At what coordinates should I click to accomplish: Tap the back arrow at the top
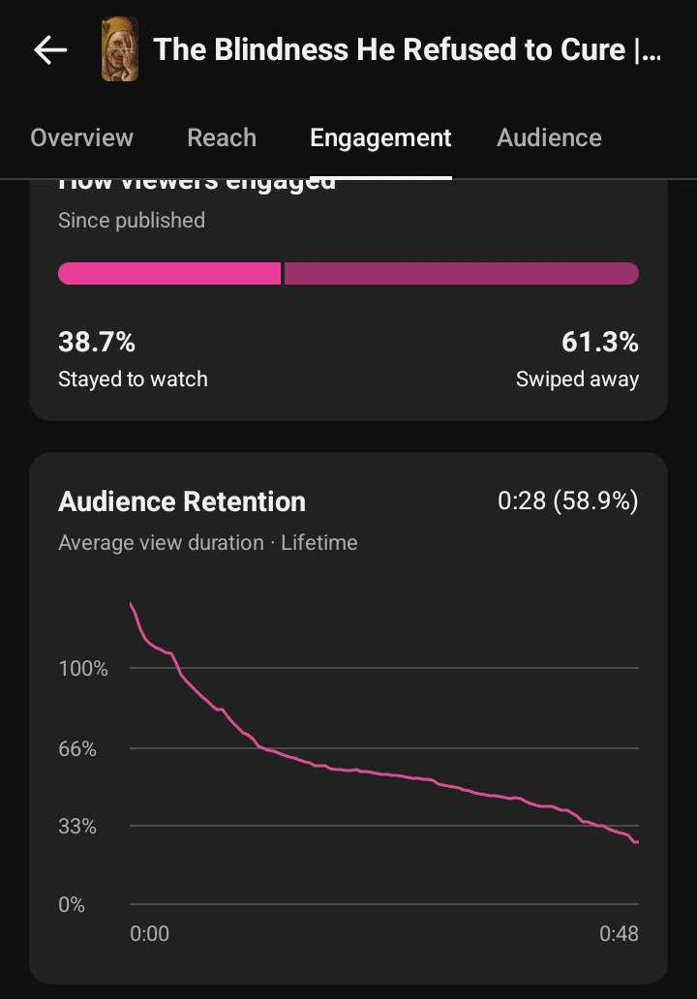click(50, 50)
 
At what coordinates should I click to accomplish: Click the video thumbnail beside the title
click(120, 50)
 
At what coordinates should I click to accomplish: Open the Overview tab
click(81, 137)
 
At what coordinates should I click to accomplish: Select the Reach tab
click(222, 137)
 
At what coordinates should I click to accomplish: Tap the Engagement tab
click(380, 137)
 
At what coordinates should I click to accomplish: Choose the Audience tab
click(549, 137)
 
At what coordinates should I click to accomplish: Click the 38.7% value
click(97, 342)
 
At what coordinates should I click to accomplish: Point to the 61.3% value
click(599, 342)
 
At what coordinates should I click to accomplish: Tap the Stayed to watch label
click(133, 378)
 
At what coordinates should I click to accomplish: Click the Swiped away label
click(577, 378)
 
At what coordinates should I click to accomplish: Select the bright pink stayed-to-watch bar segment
click(169, 273)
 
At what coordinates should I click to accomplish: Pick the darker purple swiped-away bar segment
click(461, 273)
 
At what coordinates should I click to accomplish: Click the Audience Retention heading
click(182, 501)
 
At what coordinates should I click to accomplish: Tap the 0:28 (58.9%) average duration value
click(567, 501)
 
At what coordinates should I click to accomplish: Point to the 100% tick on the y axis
click(83, 668)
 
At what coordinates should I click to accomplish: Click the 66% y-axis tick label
click(77, 748)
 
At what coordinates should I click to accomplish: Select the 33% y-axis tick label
click(77, 826)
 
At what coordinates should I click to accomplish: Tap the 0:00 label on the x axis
click(149, 933)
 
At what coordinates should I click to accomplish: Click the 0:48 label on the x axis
click(619, 933)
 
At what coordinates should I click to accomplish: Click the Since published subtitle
click(132, 220)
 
